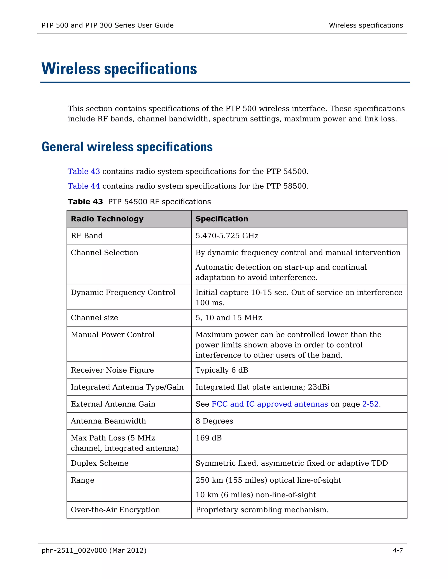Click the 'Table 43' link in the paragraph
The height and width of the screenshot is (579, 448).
84,171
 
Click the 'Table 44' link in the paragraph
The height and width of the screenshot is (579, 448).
84,186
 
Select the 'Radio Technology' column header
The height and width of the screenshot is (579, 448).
107,219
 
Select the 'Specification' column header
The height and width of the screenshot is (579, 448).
222,219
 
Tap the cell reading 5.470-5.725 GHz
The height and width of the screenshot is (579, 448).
227,236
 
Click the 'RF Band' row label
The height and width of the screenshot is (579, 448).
87,236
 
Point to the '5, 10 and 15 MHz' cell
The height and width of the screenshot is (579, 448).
229,318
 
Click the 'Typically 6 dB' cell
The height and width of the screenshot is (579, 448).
222,370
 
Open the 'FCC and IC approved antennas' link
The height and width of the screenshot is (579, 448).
269,404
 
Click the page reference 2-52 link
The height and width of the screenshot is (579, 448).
370,404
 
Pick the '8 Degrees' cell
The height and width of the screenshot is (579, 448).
214,421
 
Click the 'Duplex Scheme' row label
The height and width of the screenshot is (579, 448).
100,463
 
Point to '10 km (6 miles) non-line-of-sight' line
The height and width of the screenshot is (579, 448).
255,495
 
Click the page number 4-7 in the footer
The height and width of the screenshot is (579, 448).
397,550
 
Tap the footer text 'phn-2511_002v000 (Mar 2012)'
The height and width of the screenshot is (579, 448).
94,550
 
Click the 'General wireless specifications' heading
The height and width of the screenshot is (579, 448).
127,147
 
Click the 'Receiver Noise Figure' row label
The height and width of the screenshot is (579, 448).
112,370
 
